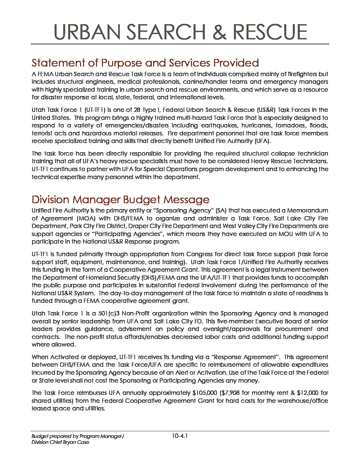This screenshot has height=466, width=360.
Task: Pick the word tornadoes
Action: [280, 125]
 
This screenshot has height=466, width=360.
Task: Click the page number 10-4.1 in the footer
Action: [180, 436]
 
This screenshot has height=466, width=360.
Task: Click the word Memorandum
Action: [307, 210]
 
